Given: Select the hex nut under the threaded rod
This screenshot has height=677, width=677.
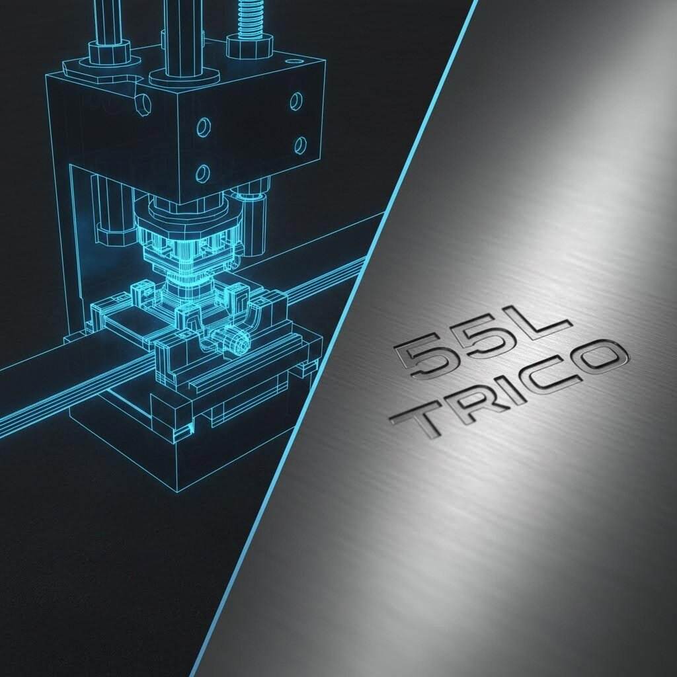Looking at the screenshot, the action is click(249, 47).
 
